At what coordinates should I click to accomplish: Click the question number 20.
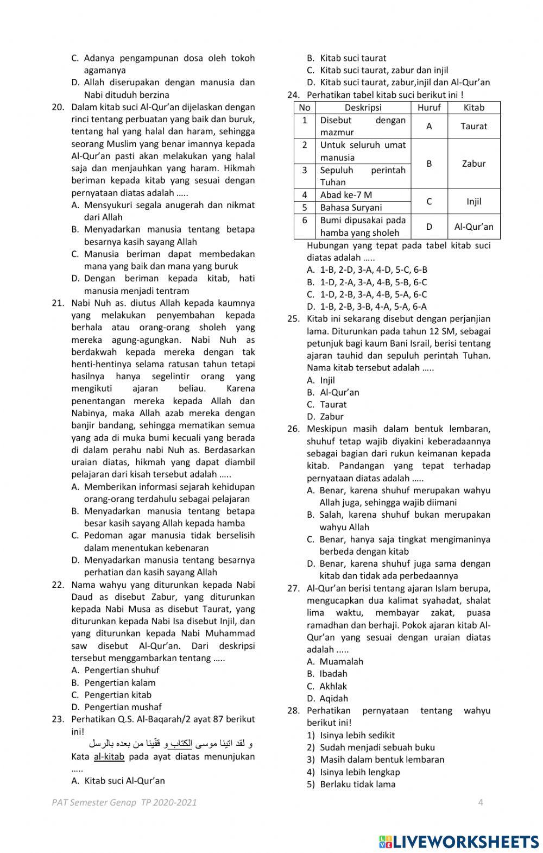(x=58, y=107)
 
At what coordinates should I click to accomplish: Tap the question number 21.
(x=58, y=303)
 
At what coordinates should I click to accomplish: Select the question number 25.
(x=293, y=319)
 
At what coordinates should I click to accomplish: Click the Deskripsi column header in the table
(x=363, y=108)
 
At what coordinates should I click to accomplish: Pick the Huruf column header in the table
(x=429, y=108)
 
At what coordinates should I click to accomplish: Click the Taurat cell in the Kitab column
(x=473, y=126)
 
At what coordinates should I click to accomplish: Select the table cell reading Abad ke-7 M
(x=346, y=195)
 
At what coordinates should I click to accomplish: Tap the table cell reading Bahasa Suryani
(x=351, y=207)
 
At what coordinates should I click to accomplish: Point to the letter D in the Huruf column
(x=429, y=227)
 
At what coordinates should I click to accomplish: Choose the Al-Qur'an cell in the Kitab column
(x=473, y=227)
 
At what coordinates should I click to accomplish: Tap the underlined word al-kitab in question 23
(x=109, y=756)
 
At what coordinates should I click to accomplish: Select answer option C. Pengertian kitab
(x=111, y=694)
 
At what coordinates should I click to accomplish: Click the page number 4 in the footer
(x=481, y=802)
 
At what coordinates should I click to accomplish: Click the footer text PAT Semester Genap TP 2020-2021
(x=124, y=802)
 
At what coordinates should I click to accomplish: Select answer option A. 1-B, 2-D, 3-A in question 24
(x=367, y=269)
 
